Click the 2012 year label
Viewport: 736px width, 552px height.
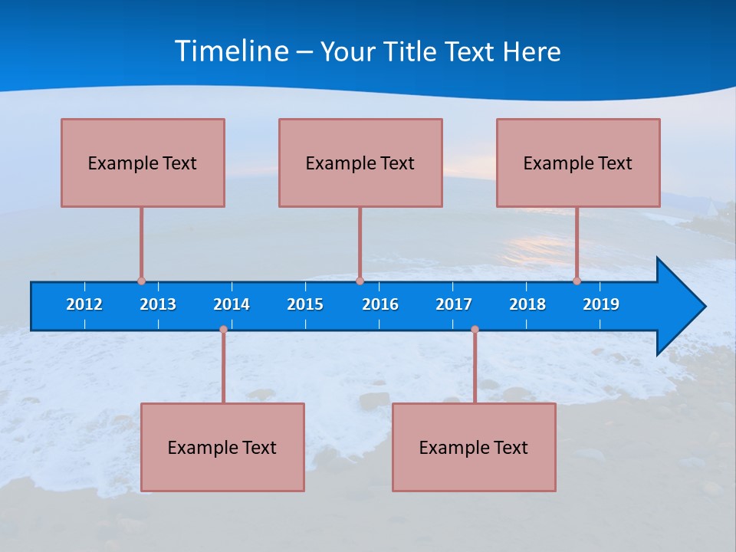point(84,304)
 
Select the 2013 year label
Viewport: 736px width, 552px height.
point(158,304)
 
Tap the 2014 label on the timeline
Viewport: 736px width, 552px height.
point(232,304)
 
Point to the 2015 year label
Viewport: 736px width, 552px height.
point(305,304)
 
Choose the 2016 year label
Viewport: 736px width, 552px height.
point(380,304)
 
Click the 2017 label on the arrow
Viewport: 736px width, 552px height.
point(454,304)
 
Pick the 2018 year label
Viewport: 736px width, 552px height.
point(527,304)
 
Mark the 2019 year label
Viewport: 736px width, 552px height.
point(601,304)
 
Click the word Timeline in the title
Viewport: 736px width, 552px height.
point(232,51)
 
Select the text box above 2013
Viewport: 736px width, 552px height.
point(143,163)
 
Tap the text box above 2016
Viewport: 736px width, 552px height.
point(360,163)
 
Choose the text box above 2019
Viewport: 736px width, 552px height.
point(578,163)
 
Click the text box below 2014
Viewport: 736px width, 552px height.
point(222,447)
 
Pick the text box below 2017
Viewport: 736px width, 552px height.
point(474,447)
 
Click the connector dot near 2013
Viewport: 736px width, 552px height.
point(141,281)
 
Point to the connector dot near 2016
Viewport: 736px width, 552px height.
point(360,281)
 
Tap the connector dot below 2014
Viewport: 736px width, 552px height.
point(223,329)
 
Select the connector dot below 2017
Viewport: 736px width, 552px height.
point(475,329)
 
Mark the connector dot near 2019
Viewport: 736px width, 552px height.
point(577,281)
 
